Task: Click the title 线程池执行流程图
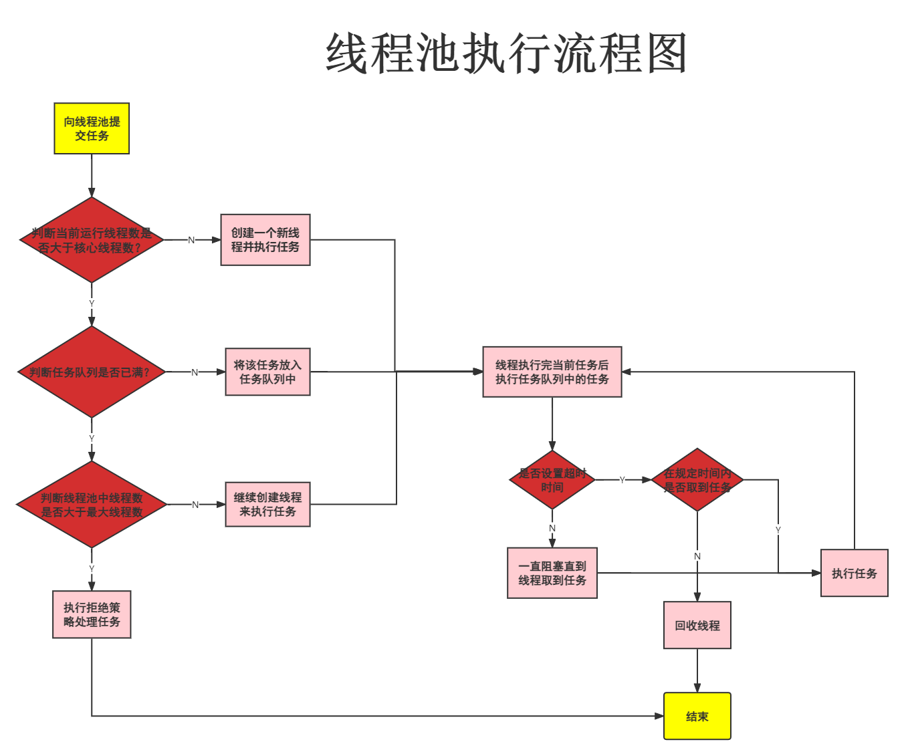click(x=506, y=54)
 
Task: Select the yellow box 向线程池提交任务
click(x=92, y=129)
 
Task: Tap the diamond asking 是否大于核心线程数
click(x=92, y=240)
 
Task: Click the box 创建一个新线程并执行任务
click(x=265, y=240)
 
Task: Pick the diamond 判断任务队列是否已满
click(x=92, y=372)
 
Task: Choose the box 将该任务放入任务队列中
click(x=267, y=372)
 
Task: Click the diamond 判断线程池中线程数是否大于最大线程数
click(x=92, y=505)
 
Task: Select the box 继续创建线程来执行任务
click(x=267, y=505)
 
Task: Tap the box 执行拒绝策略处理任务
click(x=92, y=614)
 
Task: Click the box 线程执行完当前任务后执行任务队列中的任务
click(x=552, y=372)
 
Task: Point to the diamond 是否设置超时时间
click(x=552, y=480)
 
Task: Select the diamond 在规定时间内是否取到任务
click(x=697, y=480)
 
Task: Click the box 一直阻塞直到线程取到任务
click(x=552, y=573)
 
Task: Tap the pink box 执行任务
click(x=854, y=573)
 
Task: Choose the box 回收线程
click(x=697, y=626)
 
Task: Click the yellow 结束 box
click(x=697, y=717)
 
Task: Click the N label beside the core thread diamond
click(x=191, y=240)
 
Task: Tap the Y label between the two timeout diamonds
click(x=622, y=480)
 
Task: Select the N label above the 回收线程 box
click(x=697, y=556)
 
